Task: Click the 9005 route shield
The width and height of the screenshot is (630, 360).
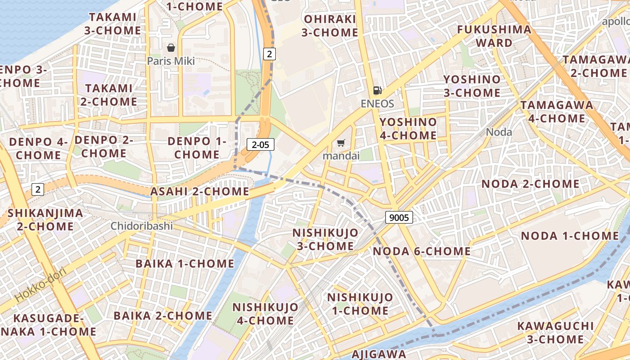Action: [399, 218]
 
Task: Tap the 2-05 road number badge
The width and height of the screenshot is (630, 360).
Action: [260, 144]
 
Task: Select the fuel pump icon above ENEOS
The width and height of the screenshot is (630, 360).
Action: [377, 90]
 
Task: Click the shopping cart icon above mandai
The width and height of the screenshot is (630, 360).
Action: [341, 143]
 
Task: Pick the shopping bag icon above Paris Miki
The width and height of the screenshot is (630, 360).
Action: [171, 48]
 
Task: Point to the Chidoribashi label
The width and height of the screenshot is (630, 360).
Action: [142, 225]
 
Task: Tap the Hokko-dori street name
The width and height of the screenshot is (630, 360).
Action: [41, 284]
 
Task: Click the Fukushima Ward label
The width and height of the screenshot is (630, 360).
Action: [494, 36]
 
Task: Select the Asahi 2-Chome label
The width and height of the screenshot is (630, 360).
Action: [199, 191]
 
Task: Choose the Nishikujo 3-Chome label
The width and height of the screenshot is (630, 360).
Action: [325, 239]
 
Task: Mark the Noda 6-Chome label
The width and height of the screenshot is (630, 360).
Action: [422, 251]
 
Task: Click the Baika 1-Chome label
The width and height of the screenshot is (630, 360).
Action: [185, 263]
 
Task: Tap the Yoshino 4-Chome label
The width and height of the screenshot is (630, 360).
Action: [408, 129]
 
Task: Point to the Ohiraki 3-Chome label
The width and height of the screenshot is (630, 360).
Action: [330, 26]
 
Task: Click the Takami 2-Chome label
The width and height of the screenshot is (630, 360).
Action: [109, 95]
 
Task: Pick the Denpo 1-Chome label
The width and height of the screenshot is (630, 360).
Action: [197, 148]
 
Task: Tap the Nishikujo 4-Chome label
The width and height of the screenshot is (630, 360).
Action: [265, 314]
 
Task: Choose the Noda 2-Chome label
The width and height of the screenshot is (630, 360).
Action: [531, 184]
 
